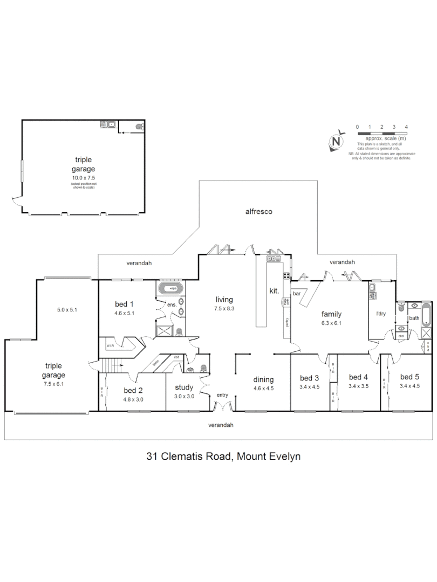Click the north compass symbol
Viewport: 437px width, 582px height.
(337, 141)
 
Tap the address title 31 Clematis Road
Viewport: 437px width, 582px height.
(223, 456)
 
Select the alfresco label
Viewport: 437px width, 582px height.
(258, 212)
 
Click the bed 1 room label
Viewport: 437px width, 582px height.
(124, 304)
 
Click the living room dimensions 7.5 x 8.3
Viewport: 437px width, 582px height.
(224, 309)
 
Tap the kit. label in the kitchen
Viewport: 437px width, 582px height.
(274, 291)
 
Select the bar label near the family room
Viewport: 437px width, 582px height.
(297, 294)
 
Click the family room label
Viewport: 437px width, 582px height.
(331, 314)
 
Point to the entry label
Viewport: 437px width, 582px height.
(222, 395)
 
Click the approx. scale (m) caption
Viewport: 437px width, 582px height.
(381, 138)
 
